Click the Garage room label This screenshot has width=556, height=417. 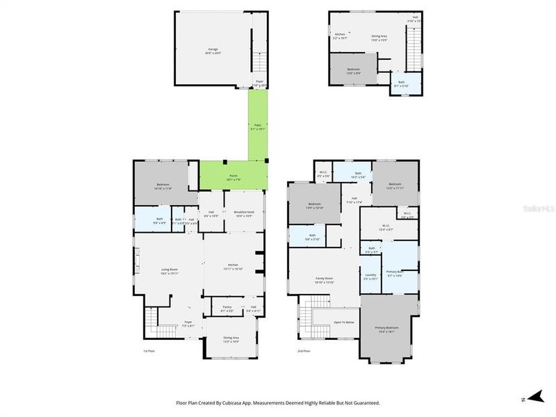click(213, 49)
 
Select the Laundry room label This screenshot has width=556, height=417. click(370, 275)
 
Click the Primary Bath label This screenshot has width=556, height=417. click(395, 272)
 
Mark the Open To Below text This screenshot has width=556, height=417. click(344, 322)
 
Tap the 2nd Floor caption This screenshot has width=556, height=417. click(303, 351)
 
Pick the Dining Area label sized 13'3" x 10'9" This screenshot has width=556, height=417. click(231, 340)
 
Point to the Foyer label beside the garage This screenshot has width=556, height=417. click(260, 81)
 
